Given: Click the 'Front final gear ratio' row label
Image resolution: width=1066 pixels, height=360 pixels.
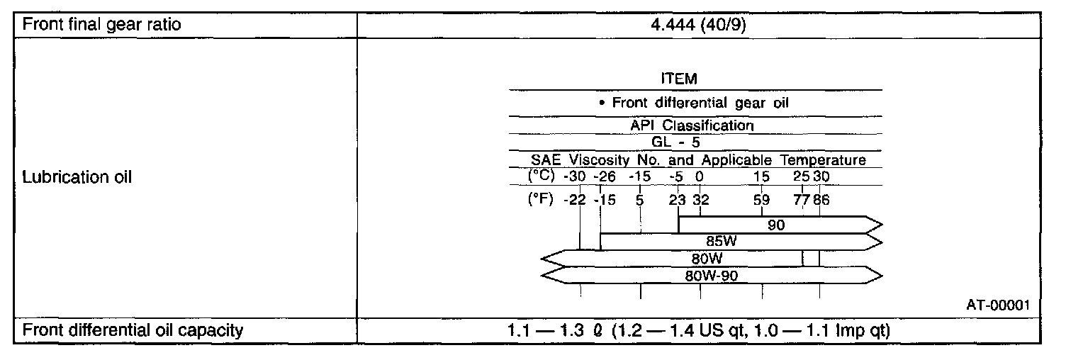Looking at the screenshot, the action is [x=102, y=25].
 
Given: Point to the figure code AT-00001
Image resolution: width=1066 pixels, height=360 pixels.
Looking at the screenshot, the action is [x=997, y=305].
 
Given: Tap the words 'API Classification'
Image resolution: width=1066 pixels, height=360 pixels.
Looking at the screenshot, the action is [x=692, y=125].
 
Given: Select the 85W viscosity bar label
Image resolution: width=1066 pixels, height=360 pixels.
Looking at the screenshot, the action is [x=722, y=242].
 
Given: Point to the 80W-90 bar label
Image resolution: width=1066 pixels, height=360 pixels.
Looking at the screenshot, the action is [x=711, y=275].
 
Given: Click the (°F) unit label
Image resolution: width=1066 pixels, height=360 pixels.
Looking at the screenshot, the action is [x=540, y=200].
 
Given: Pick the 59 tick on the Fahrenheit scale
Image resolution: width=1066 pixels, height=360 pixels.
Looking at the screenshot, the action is [x=762, y=200].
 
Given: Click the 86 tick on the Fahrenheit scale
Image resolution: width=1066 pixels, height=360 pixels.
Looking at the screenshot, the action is [x=821, y=200].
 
